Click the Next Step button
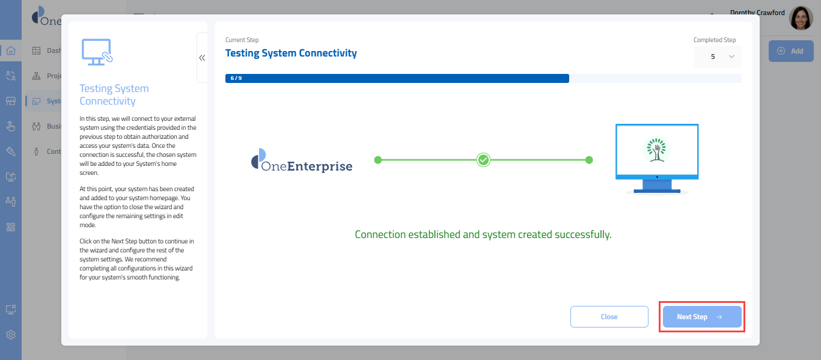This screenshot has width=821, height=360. click(x=701, y=317)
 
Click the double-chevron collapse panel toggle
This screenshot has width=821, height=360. click(x=202, y=58)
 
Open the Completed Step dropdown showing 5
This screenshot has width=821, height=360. click(x=717, y=56)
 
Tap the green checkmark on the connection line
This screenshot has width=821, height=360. click(x=483, y=160)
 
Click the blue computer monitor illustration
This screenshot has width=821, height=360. click(x=657, y=158)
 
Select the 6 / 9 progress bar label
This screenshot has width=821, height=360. click(x=236, y=78)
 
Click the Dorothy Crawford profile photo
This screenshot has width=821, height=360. click(x=801, y=19)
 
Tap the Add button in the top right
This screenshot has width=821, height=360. click(x=790, y=51)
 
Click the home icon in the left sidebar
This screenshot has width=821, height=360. click(x=11, y=50)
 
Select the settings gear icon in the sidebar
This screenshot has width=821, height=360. click(x=11, y=335)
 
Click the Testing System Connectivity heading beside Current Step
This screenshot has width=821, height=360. click(x=291, y=53)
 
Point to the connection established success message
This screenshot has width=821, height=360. click(x=483, y=234)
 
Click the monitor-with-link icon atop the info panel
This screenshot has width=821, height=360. click(x=97, y=52)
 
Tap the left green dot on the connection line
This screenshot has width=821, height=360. click(x=377, y=160)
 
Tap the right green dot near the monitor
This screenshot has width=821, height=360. click(x=589, y=160)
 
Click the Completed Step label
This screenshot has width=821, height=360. click(x=714, y=40)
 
